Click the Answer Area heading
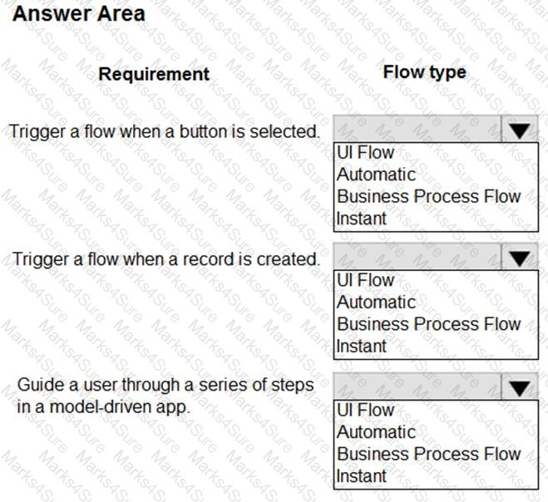tap(79, 13)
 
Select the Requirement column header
tap(154, 74)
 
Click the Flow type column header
tap(424, 72)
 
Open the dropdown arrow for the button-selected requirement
tap(520, 130)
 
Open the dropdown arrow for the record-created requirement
tap(520, 258)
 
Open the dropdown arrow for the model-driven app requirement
tap(520, 388)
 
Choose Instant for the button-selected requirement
tap(362, 219)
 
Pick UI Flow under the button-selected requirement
tap(366, 153)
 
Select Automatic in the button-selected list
tap(376, 175)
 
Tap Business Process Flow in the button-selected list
tap(428, 197)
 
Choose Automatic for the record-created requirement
tap(376, 303)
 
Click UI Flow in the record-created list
tap(366, 281)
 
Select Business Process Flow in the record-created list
tap(428, 324)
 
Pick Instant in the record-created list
tap(362, 347)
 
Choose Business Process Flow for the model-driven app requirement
tap(428, 454)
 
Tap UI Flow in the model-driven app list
tap(366, 411)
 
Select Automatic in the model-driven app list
tap(376, 432)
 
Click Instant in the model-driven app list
tap(362, 476)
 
